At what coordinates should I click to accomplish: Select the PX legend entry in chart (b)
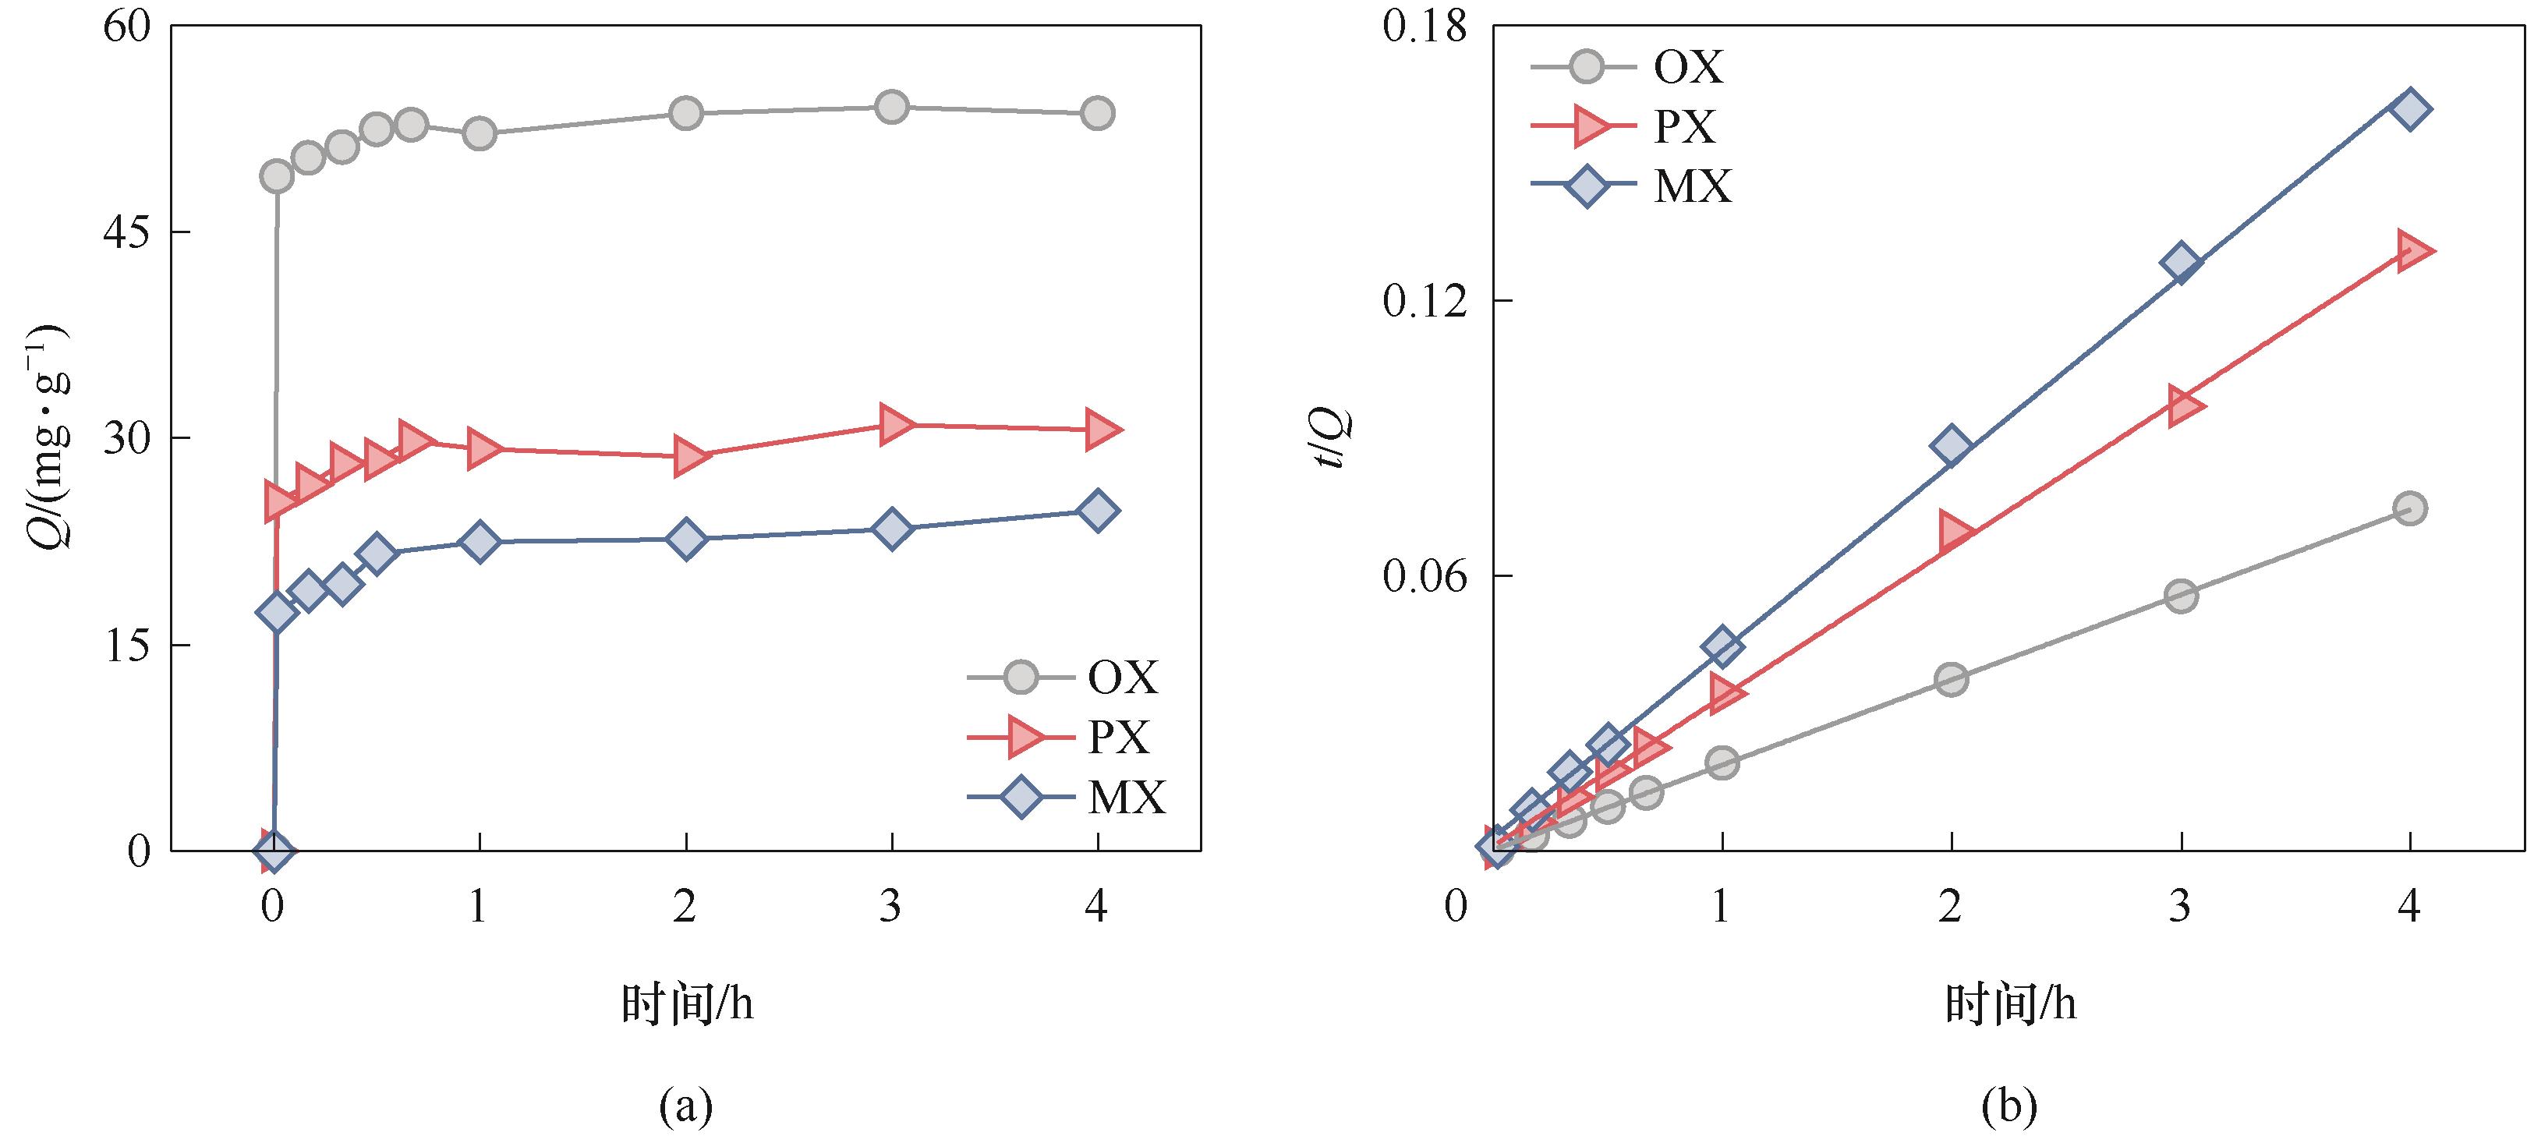point(1683,126)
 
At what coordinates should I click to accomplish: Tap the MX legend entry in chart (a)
point(1125,798)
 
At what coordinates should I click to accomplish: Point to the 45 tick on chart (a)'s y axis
point(126,232)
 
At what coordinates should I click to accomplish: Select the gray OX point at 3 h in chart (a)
point(890,107)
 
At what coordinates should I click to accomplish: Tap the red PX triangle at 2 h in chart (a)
point(688,456)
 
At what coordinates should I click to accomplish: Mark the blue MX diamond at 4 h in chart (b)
point(2410,108)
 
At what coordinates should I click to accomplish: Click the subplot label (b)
point(2009,1106)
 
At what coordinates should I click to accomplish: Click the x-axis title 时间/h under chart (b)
point(2009,1004)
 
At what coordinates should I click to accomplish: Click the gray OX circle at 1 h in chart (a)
point(479,133)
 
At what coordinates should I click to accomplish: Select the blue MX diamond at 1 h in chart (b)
point(1722,646)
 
